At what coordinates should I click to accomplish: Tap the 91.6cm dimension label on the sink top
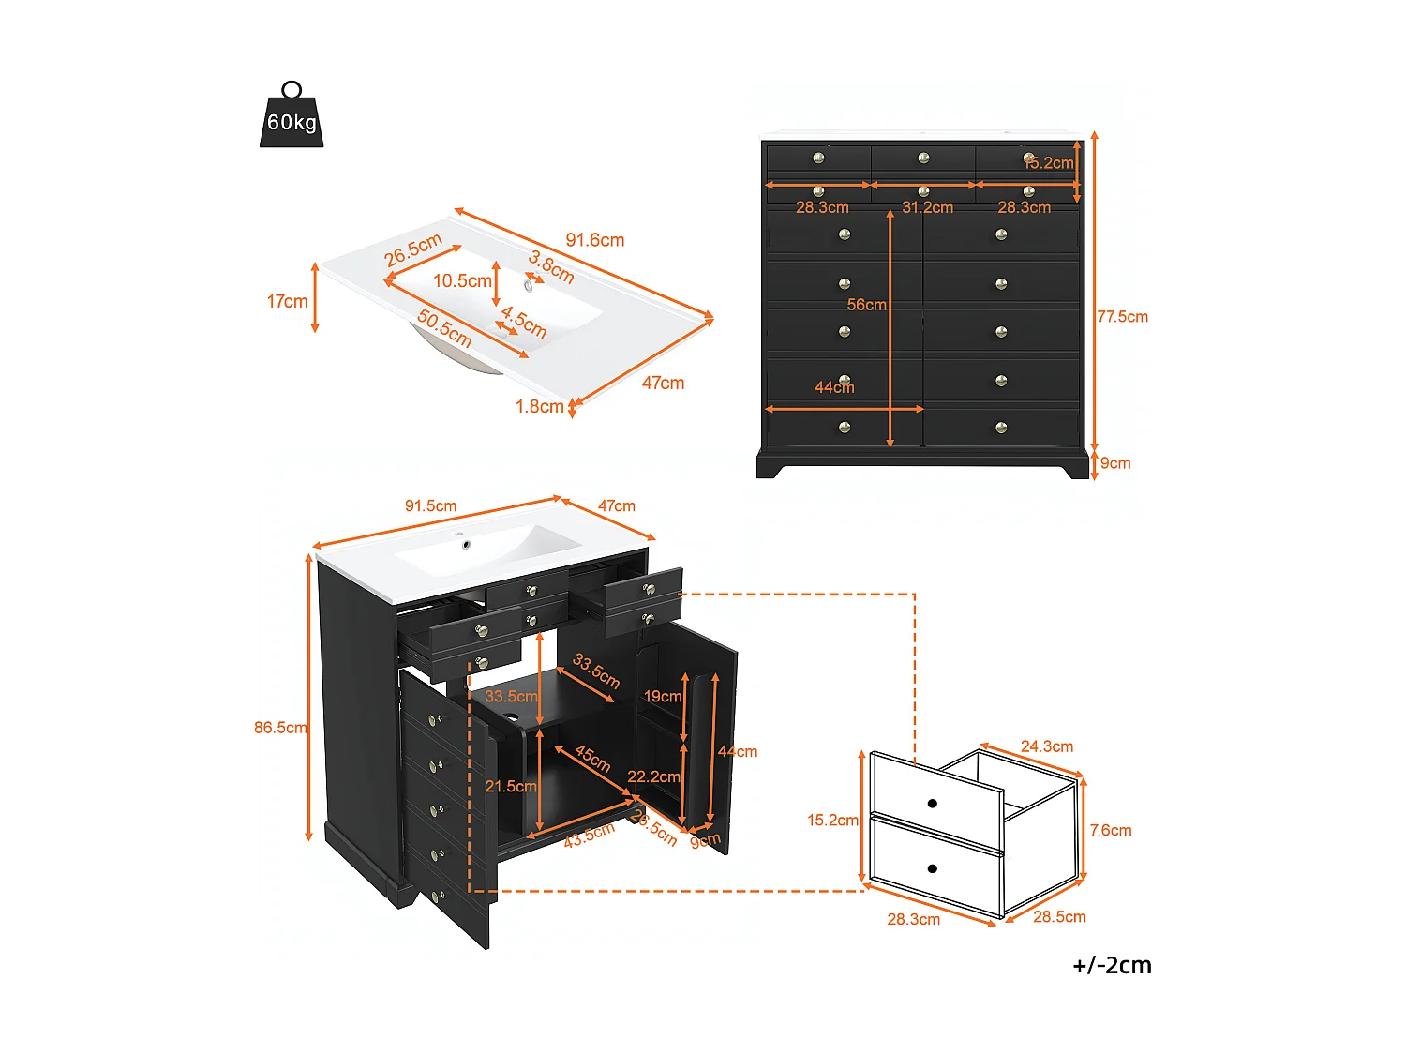tap(594, 240)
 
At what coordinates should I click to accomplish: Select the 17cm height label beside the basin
tap(287, 301)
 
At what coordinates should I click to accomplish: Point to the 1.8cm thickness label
tap(539, 406)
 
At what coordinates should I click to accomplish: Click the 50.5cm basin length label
tap(444, 328)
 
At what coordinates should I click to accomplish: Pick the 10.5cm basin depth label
tap(462, 280)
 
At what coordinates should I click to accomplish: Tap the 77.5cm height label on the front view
tap(1122, 317)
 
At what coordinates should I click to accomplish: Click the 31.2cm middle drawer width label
tap(927, 207)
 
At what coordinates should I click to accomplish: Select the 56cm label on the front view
tap(866, 305)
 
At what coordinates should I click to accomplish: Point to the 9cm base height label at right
tap(1115, 463)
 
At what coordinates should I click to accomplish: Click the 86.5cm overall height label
tap(280, 728)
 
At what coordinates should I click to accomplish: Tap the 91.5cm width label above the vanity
tap(430, 506)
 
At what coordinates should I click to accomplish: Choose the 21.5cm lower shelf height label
tap(511, 786)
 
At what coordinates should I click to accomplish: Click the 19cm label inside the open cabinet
tap(662, 697)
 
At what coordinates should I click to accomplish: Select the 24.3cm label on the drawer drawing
tap(1047, 746)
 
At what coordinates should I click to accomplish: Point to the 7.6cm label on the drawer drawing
tap(1110, 830)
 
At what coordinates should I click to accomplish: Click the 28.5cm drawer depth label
tap(1059, 917)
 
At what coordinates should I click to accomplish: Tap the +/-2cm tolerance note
tap(1112, 965)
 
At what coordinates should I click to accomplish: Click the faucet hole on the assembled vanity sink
tap(464, 544)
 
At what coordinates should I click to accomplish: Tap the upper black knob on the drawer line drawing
tap(932, 804)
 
